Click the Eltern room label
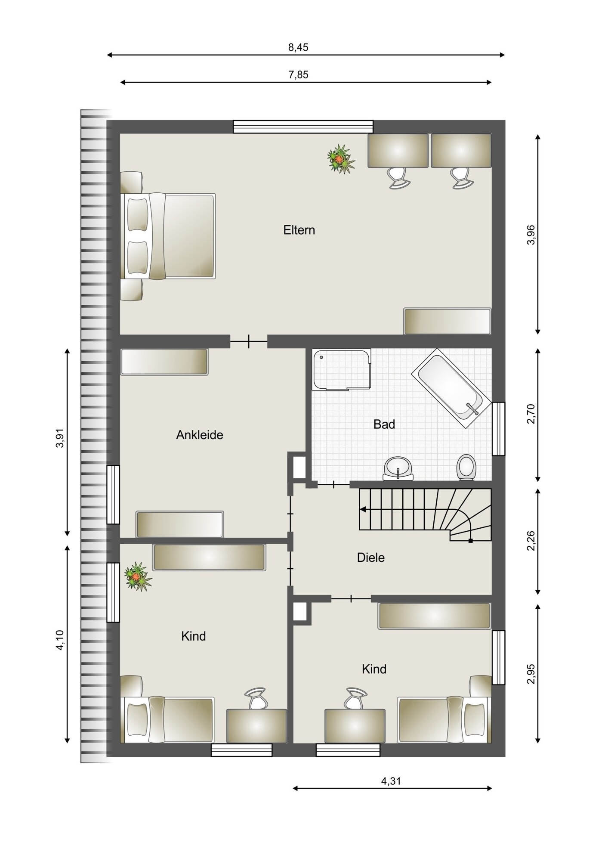[x=299, y=230]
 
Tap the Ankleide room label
[x=200, y=435]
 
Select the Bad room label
[x=384, y=424]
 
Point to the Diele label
[x=371, y=558]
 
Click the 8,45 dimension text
[x=298, y=47]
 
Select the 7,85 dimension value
[x=298, y=75]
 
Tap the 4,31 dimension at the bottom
[x=391, y=781]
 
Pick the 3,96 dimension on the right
[x=531, y=235]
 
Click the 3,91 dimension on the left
[x=60, y=438]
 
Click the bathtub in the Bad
[x=451, y=388]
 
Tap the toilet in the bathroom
[x=466, y=468]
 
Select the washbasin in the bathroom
[x=398, y=468]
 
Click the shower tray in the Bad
[x=342, y=369]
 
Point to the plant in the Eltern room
[x=341, y=159]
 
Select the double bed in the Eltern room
[x=168, y=236]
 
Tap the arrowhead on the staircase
[x=363, y=510]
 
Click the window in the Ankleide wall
[x=113, y=495]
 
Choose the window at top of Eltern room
[x=303, y=127]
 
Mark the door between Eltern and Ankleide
[x=249, y=342]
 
